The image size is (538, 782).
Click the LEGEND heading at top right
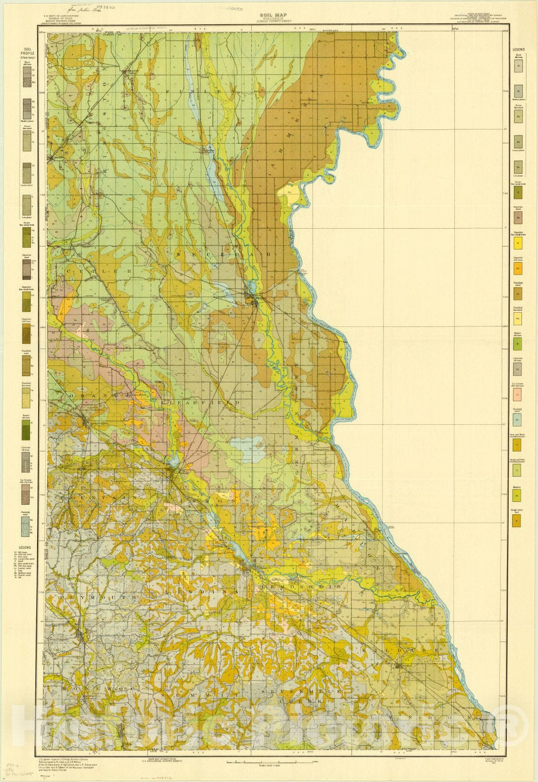tap(518, 50)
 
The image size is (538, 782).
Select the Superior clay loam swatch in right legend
tap(517, 268)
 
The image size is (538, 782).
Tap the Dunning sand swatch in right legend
tap(517, 419)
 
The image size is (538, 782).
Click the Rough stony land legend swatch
tap(517, 521)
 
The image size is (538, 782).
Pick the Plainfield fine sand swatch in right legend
tap(517, 319)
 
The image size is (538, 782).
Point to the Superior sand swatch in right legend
tap(517, 217)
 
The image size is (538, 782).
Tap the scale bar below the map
tap(269, 761)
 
